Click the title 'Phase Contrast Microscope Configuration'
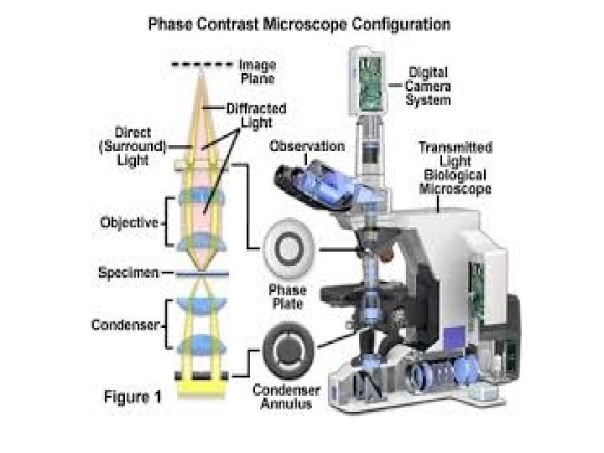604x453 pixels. [299, 23]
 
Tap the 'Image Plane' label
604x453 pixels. [258, 70]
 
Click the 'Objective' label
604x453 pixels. [129, 223]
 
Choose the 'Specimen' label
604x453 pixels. [126, 273]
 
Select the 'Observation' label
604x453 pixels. [306, 146]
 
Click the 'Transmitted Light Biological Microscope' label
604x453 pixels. [455, 168]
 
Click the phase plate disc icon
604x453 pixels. [287, 249]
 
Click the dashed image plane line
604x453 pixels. [200, 64]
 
